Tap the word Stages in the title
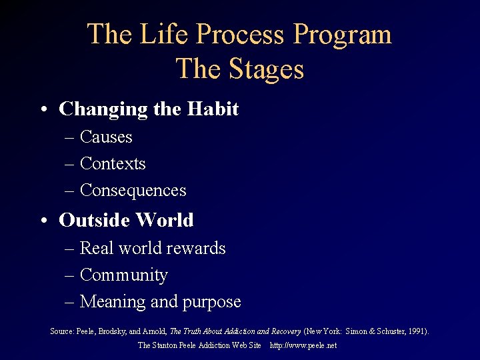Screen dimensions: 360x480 tap(265, 69)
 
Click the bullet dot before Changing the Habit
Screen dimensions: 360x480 tap(43, 109)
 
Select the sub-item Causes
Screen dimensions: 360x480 tap(106, 137)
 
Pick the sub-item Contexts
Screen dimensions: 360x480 tap(112, 164)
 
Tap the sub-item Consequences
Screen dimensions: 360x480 tap(133, 191)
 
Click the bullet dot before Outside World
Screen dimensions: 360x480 tap(43, 221)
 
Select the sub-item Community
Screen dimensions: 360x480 tap(123, 275)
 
